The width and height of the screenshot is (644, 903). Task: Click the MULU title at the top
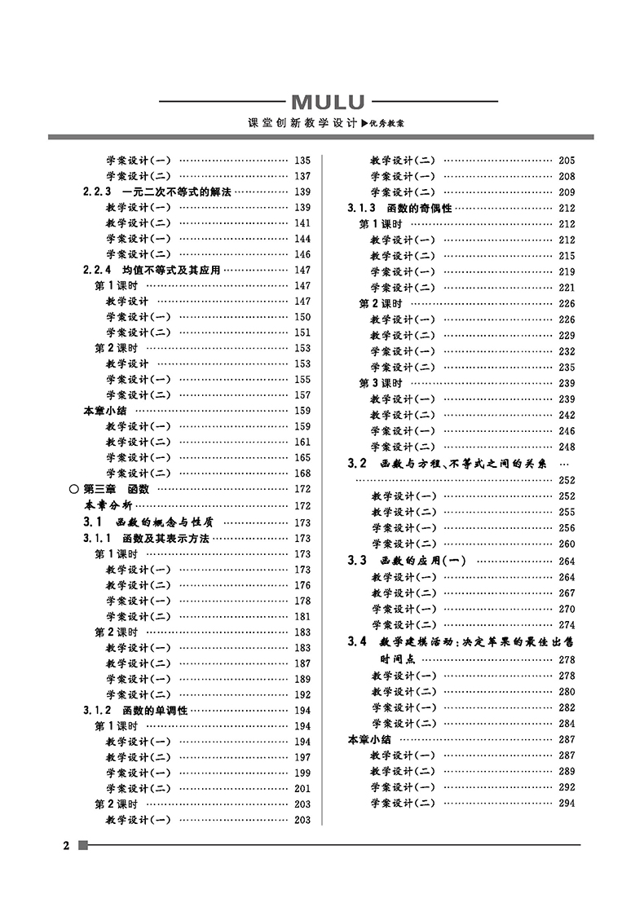coord(329,103)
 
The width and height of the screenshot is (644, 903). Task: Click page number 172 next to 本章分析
coord(302,506)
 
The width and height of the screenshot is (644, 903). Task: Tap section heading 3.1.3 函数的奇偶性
coord(399,208)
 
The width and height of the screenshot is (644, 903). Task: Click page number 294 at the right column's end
coord(567,803)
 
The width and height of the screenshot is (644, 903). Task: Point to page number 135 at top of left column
coord(302,161)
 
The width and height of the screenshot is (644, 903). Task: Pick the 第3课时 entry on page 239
coord(381,383)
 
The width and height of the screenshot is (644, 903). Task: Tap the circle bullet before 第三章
coord(74,490)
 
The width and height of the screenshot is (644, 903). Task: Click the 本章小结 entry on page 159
coord(105,411)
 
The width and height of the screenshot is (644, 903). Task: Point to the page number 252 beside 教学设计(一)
coord(567,496)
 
